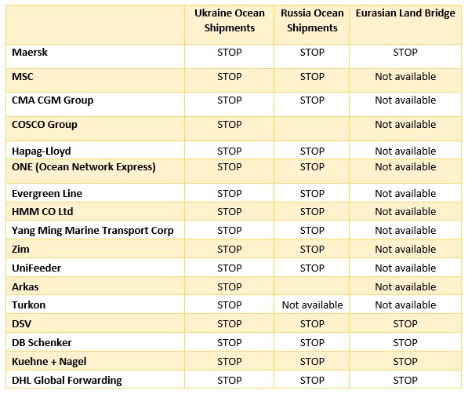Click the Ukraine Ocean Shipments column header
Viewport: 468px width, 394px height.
click(229, 20)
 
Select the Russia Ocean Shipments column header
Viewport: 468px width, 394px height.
click(312, 20)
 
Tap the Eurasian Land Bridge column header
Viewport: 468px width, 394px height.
click(405, 13)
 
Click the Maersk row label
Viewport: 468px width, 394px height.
click(30, 53)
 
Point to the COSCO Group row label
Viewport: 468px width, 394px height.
click(45, 125)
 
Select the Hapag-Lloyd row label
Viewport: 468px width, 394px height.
click(42, 151)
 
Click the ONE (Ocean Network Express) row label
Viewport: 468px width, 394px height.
click(84, 167)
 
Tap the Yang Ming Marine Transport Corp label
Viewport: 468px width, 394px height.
click(93, 231)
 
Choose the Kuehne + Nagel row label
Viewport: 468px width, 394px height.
click(49, 362)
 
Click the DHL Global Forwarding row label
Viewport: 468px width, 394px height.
click(67, 381)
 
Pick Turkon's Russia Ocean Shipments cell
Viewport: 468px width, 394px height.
click(312, 305)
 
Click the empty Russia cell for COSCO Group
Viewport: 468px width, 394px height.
click(311, 129)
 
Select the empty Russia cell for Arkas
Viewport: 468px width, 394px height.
click(311, 286)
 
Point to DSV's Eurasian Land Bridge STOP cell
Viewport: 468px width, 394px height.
click(405, 323)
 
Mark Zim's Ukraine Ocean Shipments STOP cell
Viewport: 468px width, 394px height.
click(229, 250)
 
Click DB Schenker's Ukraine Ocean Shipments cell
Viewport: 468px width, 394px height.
click(229, 342)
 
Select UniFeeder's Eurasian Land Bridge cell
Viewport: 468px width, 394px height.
click(405, 268)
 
